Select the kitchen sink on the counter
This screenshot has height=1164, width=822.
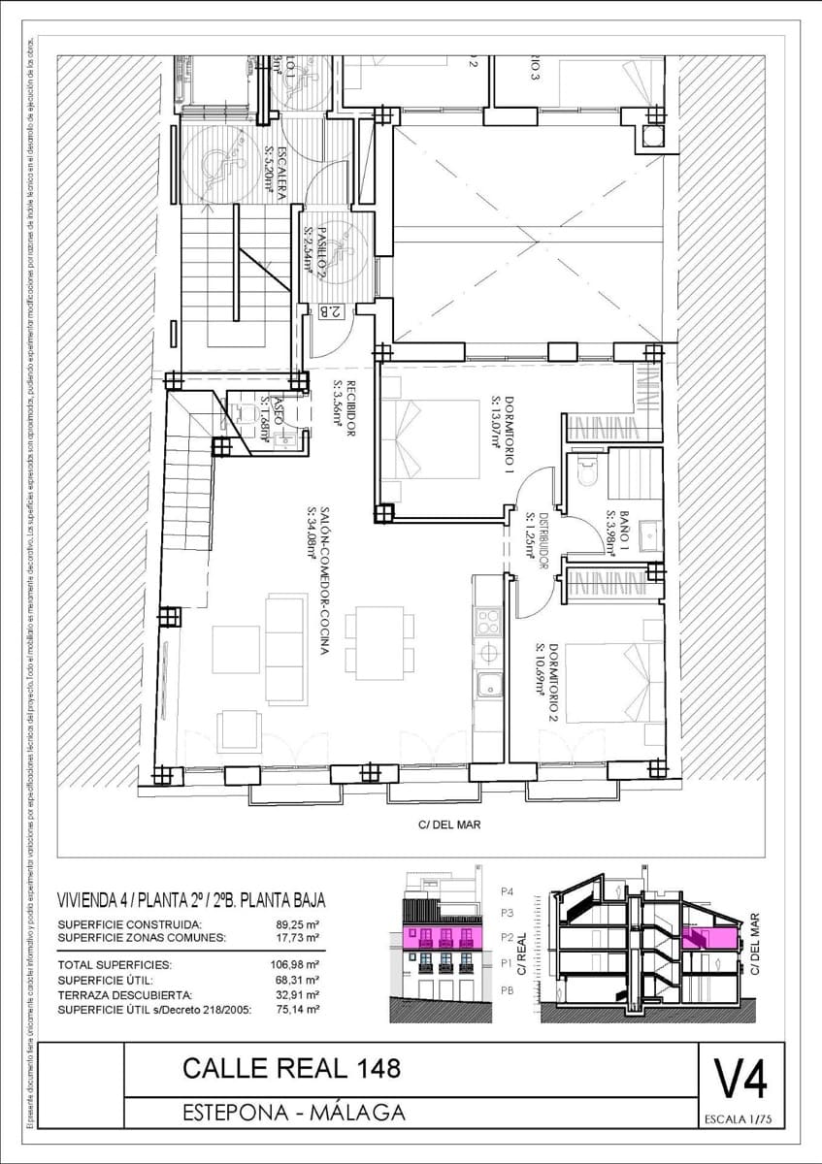[x=488, y=683]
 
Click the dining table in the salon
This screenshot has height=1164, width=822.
[x=379, y=635]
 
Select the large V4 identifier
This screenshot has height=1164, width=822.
[x=741, y=1079]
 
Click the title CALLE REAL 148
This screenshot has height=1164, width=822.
[x=291, y=1069]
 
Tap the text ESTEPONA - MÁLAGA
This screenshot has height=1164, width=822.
[x=294, y=1113]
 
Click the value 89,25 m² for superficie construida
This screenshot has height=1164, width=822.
[x=298, y=924]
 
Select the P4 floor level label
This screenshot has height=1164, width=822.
[x=507, y=891]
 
